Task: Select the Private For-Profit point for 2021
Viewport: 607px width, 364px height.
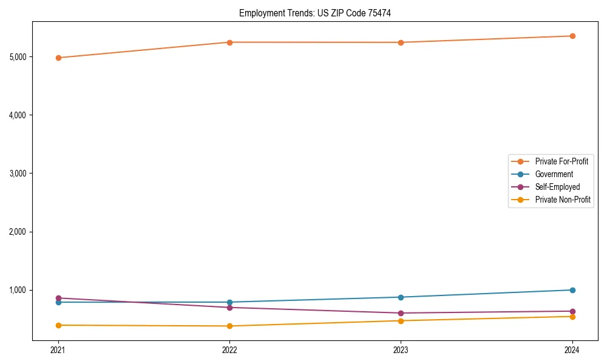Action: (58, 58)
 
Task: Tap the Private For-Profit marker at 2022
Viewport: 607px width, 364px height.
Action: (229, 42)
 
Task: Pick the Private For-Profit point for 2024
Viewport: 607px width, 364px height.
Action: (572, 36)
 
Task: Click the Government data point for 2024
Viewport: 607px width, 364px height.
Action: (572, 290)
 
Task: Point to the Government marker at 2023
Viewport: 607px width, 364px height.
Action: (401, 297)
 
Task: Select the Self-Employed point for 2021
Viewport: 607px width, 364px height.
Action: (58, 298)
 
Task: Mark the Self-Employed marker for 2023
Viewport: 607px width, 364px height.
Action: (401, 313)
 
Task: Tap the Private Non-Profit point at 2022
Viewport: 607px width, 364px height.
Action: (229, 326)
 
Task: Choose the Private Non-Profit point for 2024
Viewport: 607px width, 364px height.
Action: (572, 317)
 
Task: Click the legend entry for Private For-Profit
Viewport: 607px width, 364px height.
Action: (561, 161)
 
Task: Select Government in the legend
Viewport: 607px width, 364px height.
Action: (554, 174)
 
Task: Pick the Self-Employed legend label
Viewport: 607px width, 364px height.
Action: (557, 187)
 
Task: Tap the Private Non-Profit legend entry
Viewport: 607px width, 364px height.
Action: (563, 200)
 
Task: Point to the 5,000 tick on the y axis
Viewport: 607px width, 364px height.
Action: (18, 57)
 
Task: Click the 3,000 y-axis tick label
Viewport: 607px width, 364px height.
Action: (18, 174)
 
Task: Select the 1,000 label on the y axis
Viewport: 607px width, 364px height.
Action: (18, 290)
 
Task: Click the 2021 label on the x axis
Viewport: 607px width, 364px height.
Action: (58, 350)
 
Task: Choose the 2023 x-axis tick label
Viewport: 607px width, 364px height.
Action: (401, 350)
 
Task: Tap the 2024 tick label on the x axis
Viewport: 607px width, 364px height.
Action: (572, 350)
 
